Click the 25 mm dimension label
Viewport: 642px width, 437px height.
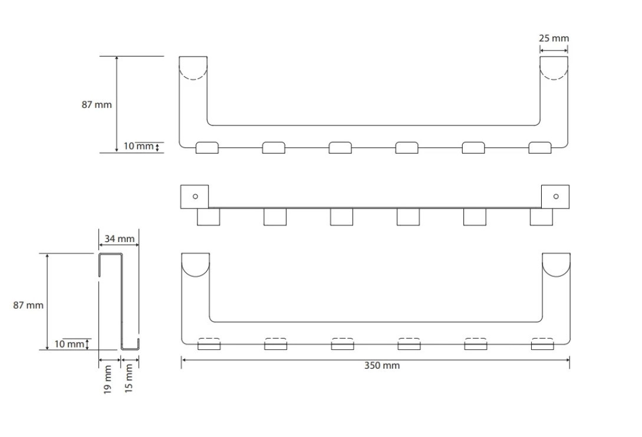point(554,38)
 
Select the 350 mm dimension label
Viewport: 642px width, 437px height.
point(382,365)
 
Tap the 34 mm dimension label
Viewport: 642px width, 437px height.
point(119,239)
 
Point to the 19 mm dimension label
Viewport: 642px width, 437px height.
point(108,380)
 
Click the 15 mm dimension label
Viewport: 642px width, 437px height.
point(129,379)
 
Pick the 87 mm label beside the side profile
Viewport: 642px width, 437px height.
point(28,305)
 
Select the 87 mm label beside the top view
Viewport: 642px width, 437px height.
point(97,105)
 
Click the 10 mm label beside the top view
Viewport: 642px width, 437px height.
point(139,146)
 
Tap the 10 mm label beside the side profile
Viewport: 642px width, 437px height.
point(69,344)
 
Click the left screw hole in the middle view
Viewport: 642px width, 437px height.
point(195,196)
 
